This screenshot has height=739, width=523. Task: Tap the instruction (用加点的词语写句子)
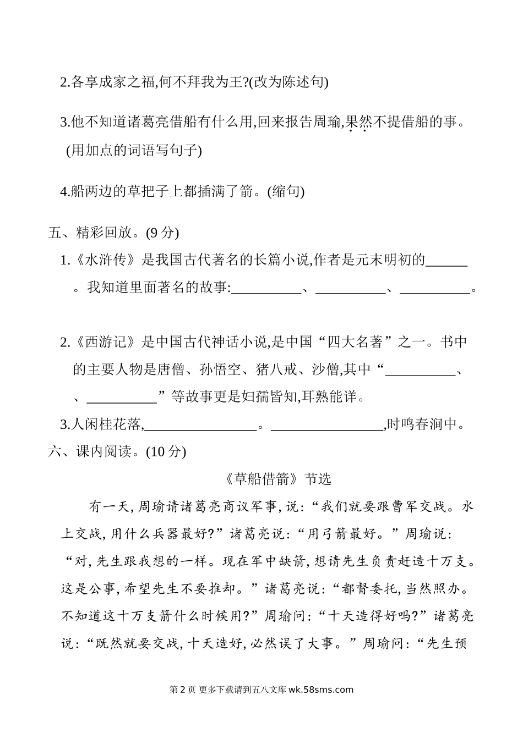pyautogui.click(x=134, y=150)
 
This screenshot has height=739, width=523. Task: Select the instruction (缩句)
pyautogui.click(x=285, y=191)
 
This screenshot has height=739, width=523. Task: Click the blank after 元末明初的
pyautogui.click(x=446, y=261)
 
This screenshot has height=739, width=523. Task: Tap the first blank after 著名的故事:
pyautogui.click(x=266, y=288)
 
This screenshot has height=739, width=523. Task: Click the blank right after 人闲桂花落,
pyautogui.click(x=201, y=424)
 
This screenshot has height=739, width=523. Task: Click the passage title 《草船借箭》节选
pyautogui.click(x=278, y=479)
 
